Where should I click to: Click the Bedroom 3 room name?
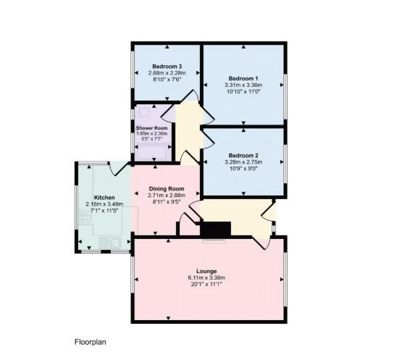pyautogui.click(x=167, y=67)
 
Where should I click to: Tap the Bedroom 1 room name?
pyautogui.click(x=243, y=78)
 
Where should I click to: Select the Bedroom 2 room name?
pyautogui.click(x=243, y=156)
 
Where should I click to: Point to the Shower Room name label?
pyautogui.click(x=152, y=128)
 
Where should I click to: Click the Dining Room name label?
pyautogui.click(x=167, y=188)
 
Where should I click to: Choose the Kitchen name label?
pyautogui.click(x=104, y=198)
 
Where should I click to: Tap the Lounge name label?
pyautogui.click(x=206, y=272)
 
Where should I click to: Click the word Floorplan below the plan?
pyautogui.click(x=91, y=342)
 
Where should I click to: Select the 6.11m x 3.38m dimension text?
pyautogui.click(x=206, y=278)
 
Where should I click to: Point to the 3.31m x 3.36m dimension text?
pyautogui.click(x=243, y=85)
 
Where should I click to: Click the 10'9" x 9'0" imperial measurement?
pyautogui.click(x=243, y=168)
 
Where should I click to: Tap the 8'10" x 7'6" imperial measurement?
pyautogui.click(x=167, y=80)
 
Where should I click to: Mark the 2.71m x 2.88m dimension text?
pyautogui.click(x=167, y=195)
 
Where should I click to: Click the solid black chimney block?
pyautogui.click(x=216, y=229)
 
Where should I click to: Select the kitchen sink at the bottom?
pyautogui.click(x=111, y=243)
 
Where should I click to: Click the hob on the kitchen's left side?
pyautogui.click(x=85, y=217)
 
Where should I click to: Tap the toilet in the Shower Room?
pyautogui.click(x=143, y=112)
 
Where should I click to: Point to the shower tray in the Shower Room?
pyautogui.click(x=153, y=152)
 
